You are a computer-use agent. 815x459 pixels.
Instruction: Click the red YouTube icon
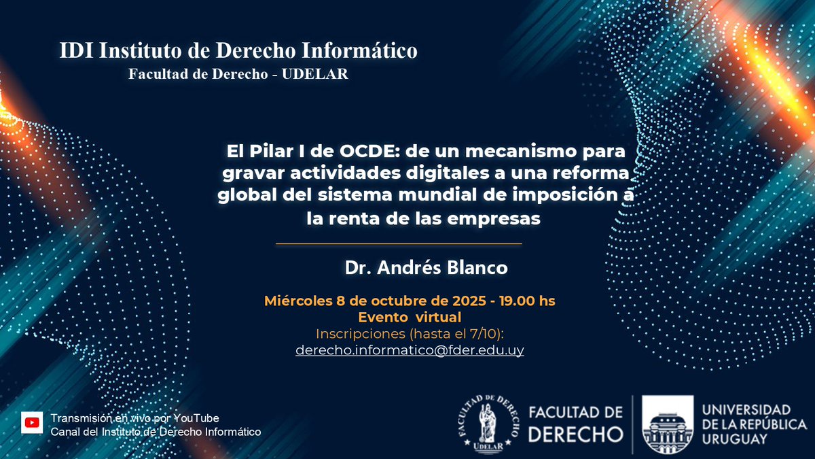[31, 422]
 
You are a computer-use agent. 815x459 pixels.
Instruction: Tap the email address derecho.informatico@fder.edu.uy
[410, 350]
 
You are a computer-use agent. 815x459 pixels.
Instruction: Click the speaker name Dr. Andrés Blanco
[426, 268]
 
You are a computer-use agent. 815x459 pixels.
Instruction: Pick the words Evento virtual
[410, 318]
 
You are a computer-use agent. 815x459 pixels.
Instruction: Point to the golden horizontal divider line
[399, 243]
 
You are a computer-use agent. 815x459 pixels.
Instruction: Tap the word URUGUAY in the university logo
[735, 439]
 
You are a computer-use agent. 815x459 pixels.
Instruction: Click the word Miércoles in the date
[296, 301]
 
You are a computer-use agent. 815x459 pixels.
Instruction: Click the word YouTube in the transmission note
[196, 418]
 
